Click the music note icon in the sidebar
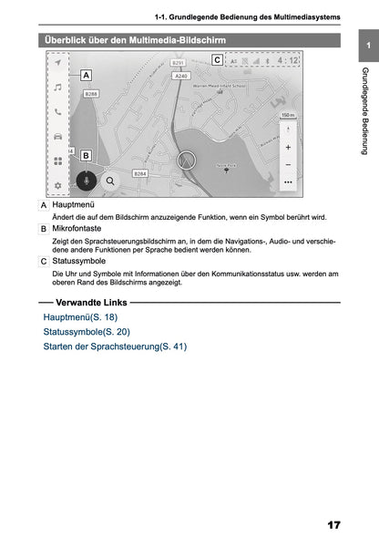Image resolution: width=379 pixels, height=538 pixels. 56,88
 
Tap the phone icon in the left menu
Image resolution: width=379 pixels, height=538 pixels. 56,112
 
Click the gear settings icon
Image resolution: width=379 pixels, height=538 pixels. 56,185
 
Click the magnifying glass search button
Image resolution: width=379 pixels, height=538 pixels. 110,181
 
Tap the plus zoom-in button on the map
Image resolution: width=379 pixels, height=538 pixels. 288,146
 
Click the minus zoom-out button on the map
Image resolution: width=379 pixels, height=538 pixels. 288,164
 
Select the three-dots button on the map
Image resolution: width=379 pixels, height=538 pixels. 288,181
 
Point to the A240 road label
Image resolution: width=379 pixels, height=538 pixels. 181,77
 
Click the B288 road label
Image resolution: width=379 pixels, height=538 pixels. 91,94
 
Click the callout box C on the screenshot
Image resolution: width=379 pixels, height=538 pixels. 216,60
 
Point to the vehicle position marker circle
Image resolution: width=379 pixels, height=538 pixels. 187,160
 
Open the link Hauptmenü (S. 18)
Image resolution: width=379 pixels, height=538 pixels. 80,316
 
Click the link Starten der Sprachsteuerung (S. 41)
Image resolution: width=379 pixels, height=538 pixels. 114,347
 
